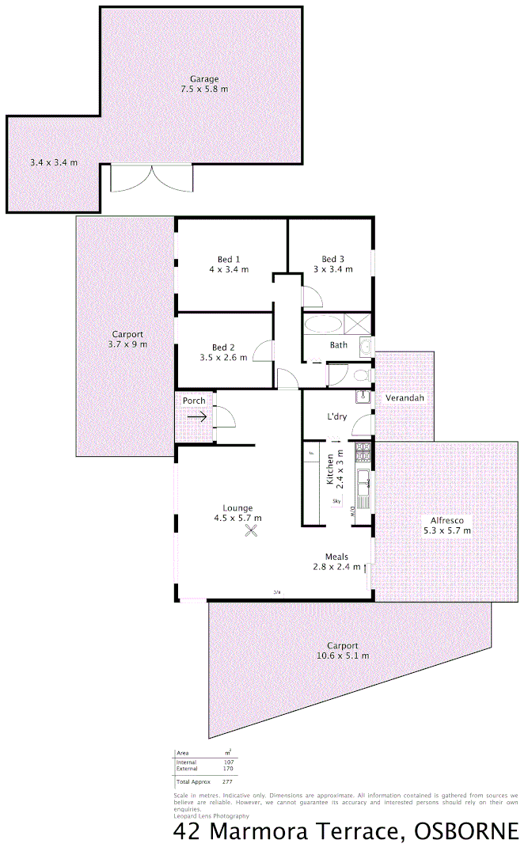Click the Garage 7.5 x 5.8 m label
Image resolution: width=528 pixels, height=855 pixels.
point(204,84)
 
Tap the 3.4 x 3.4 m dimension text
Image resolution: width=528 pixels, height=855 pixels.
point(54,162)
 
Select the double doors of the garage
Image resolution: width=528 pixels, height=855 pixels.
point(152,178)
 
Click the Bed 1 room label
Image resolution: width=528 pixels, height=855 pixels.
point(229,264)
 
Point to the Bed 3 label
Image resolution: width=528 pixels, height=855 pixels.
point(332,264)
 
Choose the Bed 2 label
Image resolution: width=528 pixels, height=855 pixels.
point(223,352)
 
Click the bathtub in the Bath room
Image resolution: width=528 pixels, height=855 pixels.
point(322,325)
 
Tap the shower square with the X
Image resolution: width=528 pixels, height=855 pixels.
point(359,324)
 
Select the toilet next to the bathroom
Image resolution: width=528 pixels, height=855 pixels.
point(360,375)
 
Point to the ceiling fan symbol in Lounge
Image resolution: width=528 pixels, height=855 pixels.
point(253,531)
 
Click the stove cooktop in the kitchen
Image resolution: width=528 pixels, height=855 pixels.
point(363,453)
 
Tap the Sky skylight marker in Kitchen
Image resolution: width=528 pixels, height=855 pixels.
point(336,501)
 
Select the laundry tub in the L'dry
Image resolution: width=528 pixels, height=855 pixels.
point(363,397)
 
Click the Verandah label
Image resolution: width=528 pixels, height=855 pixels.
point(405,398)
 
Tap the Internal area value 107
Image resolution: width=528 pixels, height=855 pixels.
point(228,762)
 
